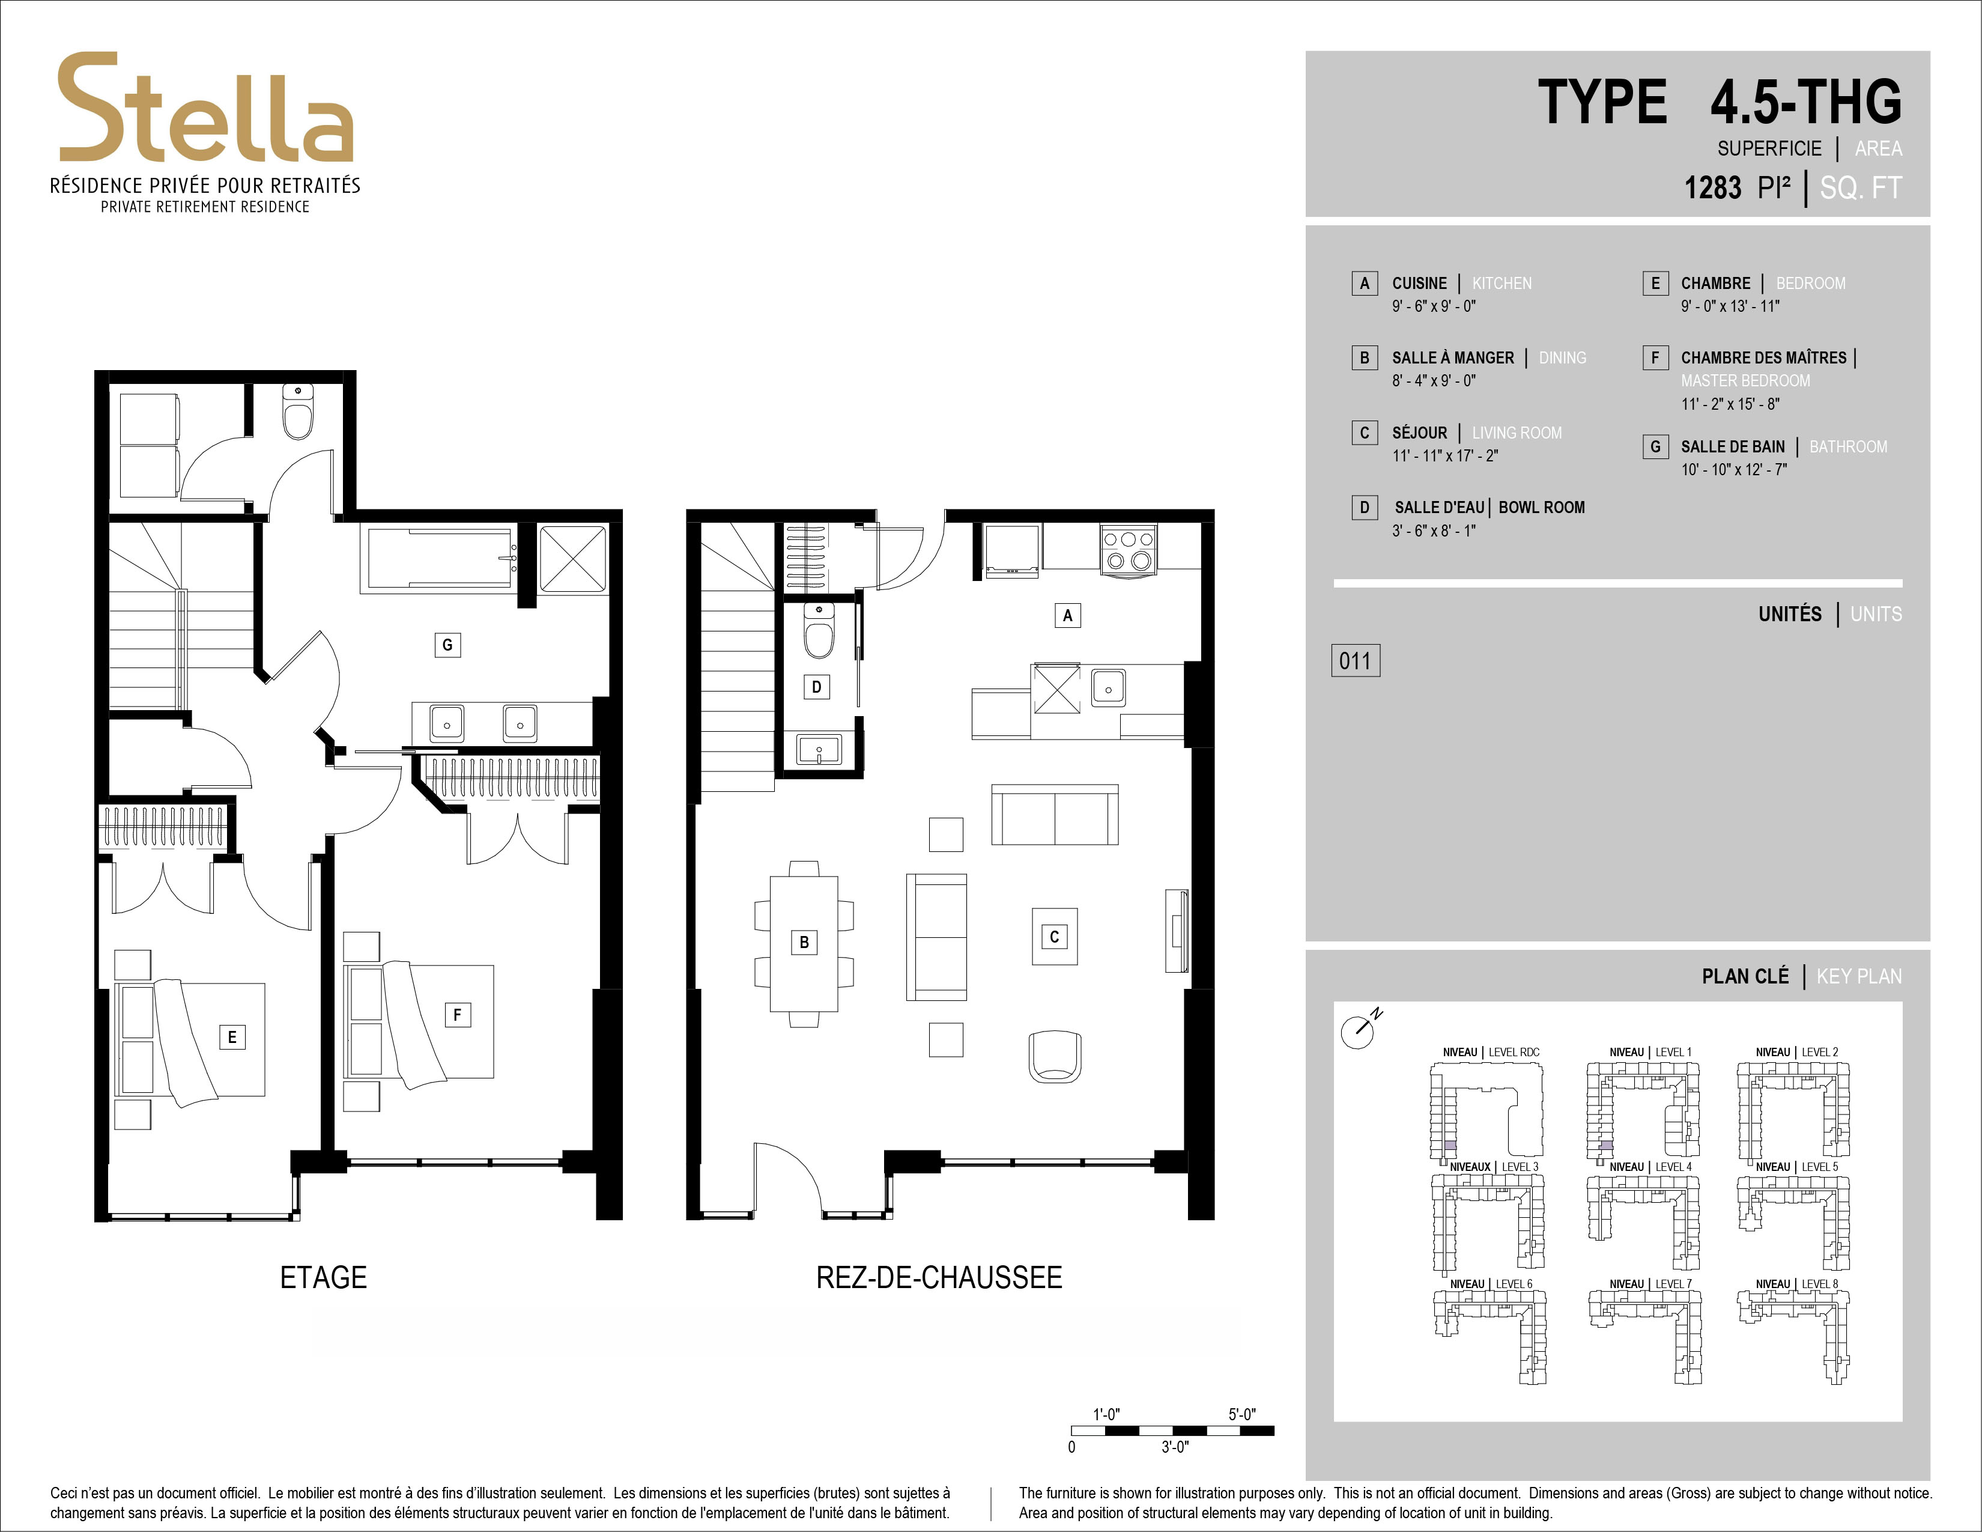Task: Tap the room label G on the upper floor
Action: point(446,645)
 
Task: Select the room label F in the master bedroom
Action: point(458,1015)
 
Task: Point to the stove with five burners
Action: point(1128,550)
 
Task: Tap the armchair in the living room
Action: point(1055,1056)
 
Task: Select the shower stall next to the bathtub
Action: point(572,558)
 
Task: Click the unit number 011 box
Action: point(1355,661)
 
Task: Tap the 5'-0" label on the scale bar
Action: point(1241,1414)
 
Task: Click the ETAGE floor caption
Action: point(324,1278)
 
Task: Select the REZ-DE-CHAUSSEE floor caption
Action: point(939,1278)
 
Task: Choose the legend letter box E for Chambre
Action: point(1655,283)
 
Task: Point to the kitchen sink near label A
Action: point(1108,688)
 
